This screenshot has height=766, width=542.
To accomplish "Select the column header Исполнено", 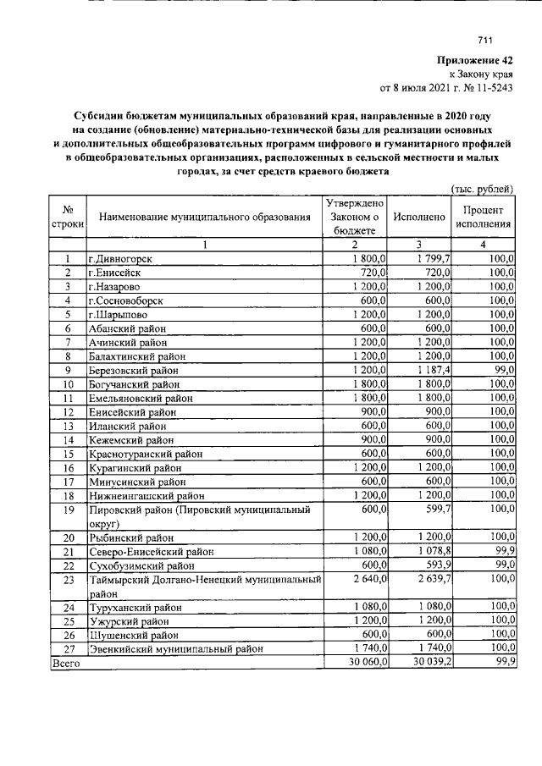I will [419, 218].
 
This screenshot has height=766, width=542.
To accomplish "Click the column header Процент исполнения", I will [484, 218].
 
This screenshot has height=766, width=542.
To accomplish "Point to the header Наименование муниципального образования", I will [205, 218].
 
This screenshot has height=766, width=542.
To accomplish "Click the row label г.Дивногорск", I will [122, 259].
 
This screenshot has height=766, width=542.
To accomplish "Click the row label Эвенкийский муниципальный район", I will [175, 649].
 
